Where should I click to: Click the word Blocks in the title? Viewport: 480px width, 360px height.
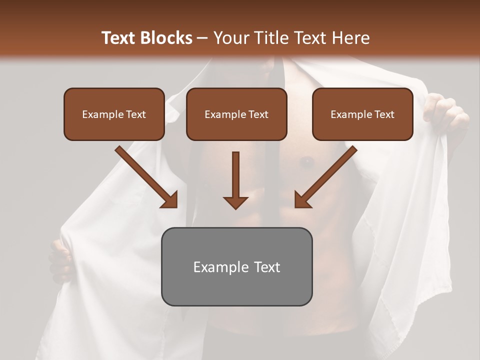pyautogui.click(x=166, y=38)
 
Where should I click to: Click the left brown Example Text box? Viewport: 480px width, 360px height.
pyautogui.click(x=114, y=114)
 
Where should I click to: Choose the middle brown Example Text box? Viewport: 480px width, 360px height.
pyautogui.click(x=236, y=114)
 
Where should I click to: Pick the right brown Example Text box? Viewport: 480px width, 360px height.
pyautogui.click(x=362, y=114)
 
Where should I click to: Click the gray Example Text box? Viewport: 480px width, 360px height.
pyautogui.click(x=236, y=266)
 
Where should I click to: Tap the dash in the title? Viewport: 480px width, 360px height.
pyautogui.click(x=202, y=38)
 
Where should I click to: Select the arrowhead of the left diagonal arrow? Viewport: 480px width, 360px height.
pyautogui.click(x=170, y=200)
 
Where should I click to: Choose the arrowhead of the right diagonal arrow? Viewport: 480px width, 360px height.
pyautogui.click(x=302, y=200)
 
